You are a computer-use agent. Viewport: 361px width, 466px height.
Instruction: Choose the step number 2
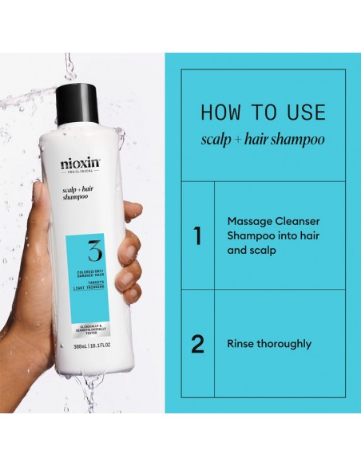click(197, 344)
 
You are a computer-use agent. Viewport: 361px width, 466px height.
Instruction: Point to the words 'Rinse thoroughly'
click(269, 345)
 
